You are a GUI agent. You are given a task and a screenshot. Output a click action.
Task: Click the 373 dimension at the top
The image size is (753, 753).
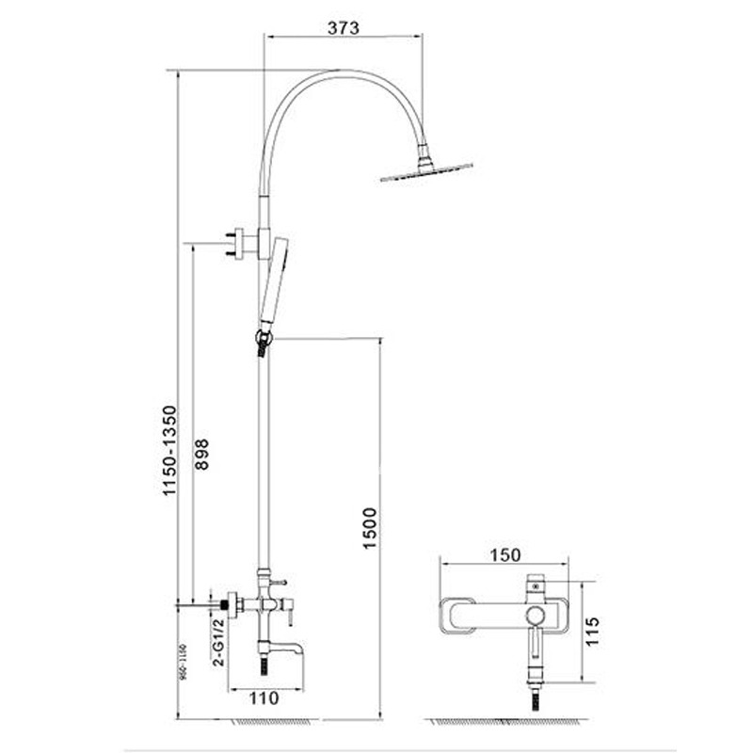point(345,27)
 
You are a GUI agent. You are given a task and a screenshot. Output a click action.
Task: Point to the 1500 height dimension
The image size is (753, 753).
point(369,529)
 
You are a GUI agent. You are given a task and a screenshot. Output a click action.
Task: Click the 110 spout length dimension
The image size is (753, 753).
point(264,698)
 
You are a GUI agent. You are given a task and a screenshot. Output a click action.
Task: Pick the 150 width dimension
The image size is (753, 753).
point(506,554)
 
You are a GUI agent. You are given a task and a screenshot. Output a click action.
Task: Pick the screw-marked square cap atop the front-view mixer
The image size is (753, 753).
point(536,584)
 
